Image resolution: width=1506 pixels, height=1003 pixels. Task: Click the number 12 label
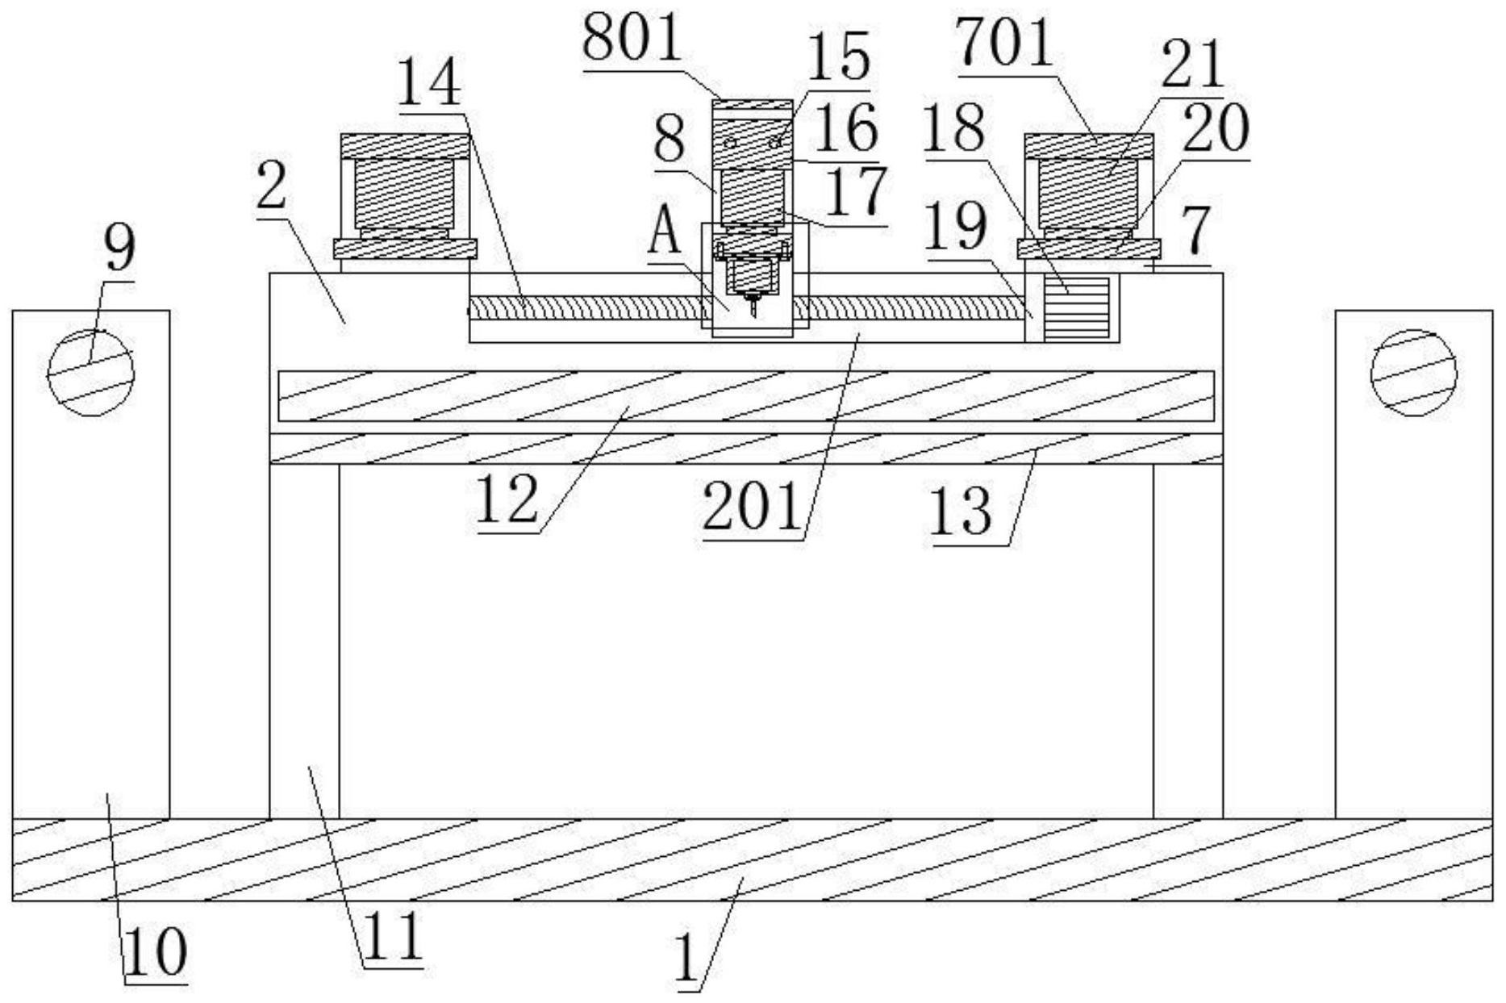click(507, 500)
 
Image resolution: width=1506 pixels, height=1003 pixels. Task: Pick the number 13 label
click(961, 513)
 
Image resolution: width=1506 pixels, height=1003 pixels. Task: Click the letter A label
click(665, 228)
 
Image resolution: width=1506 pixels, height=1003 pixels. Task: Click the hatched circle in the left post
click(90, 372)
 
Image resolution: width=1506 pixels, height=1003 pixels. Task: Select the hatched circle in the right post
click(1414, 372)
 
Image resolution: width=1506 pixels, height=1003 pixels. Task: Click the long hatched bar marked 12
click(745, 395)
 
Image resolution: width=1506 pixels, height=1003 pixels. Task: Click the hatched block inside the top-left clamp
click(404, 193)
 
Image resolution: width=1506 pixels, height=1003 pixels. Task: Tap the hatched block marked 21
click(1087, 193)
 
